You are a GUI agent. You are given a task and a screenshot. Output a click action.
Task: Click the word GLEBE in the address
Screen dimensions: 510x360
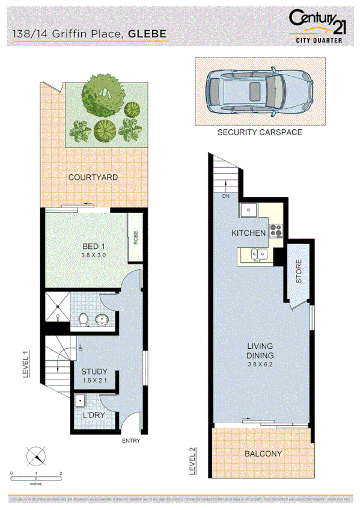tap(147, 34)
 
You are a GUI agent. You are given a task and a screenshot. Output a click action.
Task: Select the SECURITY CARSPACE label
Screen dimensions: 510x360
tap(260, 132)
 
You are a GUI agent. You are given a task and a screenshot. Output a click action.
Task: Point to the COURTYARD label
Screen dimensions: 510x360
tap(93, 177)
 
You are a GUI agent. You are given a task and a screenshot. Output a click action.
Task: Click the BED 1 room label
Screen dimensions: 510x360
tap(93, 245)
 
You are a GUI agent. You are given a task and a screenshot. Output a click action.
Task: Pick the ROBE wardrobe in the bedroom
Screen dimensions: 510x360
tap(136, 239)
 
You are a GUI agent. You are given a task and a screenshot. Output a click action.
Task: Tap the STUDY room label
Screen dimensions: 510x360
tap(94, 372)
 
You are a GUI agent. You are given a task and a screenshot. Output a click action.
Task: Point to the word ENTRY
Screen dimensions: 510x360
tap(131, 441)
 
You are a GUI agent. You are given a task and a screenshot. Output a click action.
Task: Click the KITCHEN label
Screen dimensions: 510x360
tap(249, 233)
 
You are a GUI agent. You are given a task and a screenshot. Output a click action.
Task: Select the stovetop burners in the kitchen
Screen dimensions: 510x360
tap(276, 230)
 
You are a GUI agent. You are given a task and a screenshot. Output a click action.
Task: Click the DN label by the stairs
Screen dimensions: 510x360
tap(226, 196)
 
